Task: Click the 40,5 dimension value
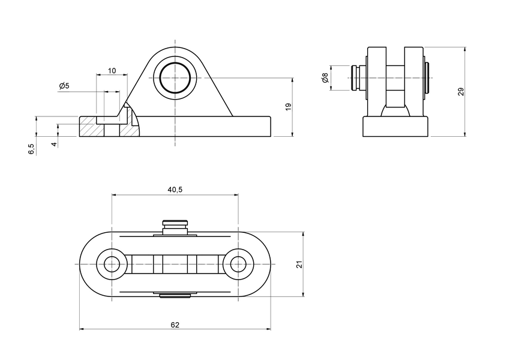[x=175, y=190]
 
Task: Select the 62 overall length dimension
[x=175, y=325]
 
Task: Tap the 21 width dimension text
[x=299, y=265]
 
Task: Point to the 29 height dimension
[x=461, y=91]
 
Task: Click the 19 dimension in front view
[x=288, y=107]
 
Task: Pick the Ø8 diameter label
[x=325, y=78]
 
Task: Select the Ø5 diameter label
[x=64, y=86]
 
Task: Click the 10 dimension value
[x=112, y=71]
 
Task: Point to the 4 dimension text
[x=54, y=145]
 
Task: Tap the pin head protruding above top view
[x=175, y=226]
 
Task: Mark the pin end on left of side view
[x=355, y=78]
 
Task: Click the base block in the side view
[x=396, y=127]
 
